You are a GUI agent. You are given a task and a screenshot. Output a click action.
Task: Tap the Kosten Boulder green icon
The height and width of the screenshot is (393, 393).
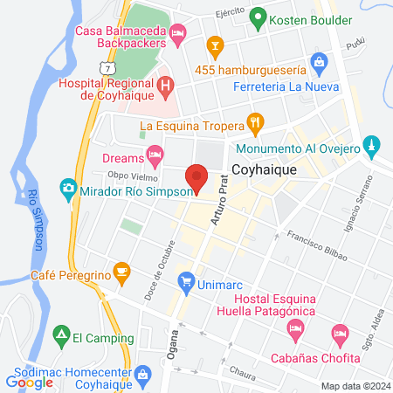point(258,17)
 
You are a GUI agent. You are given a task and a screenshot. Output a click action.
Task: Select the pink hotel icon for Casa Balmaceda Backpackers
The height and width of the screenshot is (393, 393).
point(179,35)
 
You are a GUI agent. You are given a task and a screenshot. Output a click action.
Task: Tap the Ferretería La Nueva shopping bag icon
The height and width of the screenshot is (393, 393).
point(320,62)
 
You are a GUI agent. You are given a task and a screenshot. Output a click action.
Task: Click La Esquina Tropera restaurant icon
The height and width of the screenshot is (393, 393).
point(255,123)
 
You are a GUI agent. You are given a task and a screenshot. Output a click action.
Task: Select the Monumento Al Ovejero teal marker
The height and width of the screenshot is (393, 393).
point(371,143)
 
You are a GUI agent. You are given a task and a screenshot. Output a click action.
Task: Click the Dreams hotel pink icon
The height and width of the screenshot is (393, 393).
point(155,158)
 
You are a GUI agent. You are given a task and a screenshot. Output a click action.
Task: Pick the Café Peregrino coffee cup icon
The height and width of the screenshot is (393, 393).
point(121,273)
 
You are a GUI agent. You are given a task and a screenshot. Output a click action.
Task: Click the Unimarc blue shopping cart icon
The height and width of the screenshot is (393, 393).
point(185,281)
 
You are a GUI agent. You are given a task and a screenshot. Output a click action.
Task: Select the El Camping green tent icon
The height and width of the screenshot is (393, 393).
point(60,334)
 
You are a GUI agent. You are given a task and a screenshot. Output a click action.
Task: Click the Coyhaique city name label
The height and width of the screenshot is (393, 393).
point(265,171)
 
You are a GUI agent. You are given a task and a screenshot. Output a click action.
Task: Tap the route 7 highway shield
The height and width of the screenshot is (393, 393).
point(107,68)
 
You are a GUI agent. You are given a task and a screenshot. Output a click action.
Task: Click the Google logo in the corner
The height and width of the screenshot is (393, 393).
point(30,383)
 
